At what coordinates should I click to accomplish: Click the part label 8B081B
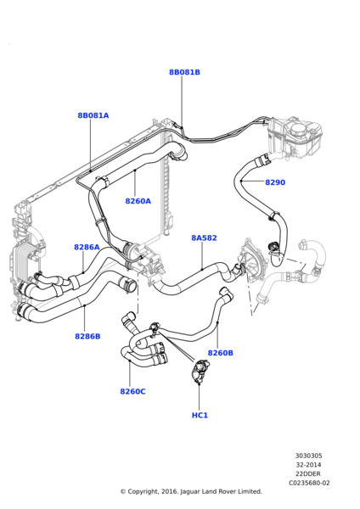coord(184,72)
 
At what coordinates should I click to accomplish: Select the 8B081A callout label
coord(93,115)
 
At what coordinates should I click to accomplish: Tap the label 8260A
coord(138,201)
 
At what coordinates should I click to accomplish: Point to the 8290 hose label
coord(275,182)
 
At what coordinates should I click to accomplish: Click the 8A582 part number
coord(204,238)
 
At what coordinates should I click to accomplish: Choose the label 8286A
coord(87,248)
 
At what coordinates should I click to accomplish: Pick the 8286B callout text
coord(87,336)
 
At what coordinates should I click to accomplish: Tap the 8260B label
coord(220,353)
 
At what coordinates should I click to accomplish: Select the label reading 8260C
coord(133,391)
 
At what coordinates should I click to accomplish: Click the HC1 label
coord(200,415)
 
